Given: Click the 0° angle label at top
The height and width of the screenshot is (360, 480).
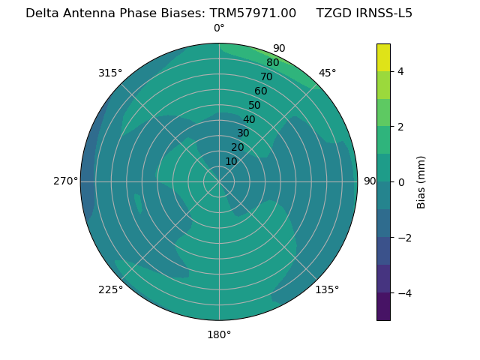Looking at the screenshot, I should [219, 28].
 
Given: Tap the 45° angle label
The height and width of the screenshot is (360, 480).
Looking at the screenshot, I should [328, 73].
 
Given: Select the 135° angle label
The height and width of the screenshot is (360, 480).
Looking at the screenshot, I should [327, 289].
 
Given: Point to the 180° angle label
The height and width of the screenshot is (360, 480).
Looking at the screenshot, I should [219, 334].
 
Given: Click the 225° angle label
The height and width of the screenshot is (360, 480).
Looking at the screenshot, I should [110, 289].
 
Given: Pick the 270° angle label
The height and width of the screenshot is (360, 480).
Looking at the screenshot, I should [65, 181].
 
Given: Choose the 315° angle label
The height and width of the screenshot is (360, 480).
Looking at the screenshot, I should [110, 73].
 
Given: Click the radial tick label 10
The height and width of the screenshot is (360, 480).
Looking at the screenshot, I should [231, 161].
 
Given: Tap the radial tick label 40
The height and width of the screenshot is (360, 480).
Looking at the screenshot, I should [249, 119].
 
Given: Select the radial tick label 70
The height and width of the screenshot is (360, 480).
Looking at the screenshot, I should [266, 76].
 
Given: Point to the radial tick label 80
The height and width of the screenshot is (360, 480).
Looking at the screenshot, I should [272, 62].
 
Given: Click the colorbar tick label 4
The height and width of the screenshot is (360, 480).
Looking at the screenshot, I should [400, 71].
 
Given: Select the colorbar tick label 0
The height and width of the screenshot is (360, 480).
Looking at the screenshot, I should [400, 181].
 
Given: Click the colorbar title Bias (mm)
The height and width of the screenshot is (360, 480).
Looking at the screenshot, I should [421, 181].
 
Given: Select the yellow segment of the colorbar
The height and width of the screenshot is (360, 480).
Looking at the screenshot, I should [383, 57].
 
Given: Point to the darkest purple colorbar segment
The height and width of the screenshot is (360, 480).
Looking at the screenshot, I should [383, 306].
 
